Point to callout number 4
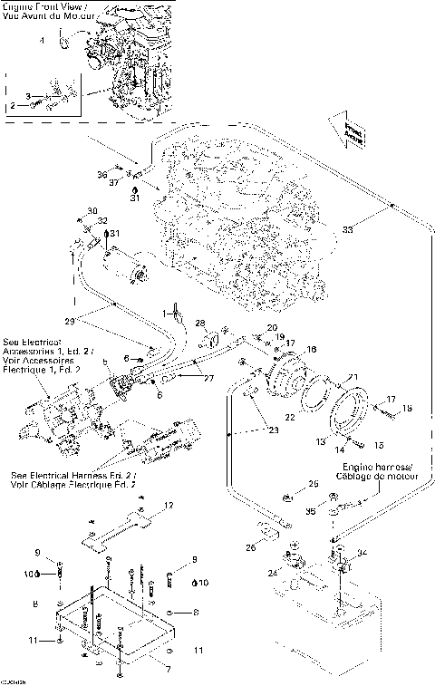click(x=42, y=41)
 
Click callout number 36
click(x=102, y=173)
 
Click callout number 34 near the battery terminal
click(x=363, y=552)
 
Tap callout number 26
click(x=250, y=546)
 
